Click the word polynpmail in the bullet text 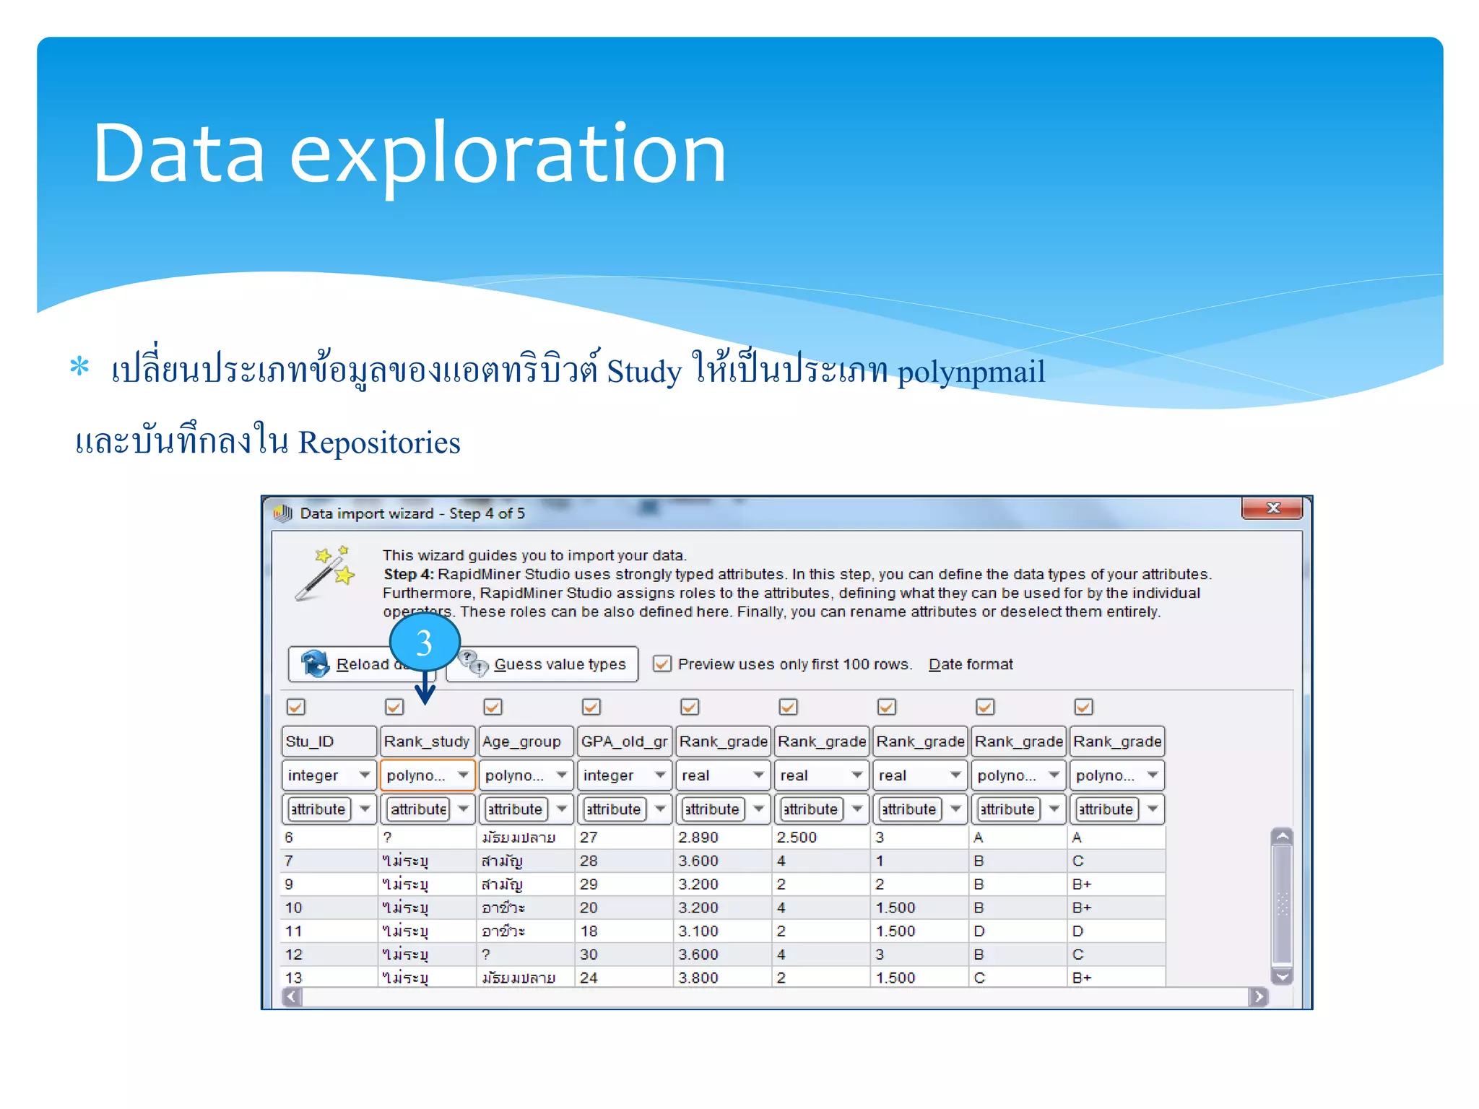tap(971, 372)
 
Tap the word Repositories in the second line tap(379, 443)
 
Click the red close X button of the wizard tap(1272, 508)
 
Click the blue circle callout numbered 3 tap(424, 642)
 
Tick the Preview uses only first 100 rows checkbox tap(662, 664)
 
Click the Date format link tap(971, 664)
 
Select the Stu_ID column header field tap(329, 741)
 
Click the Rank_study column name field tap(427, 741)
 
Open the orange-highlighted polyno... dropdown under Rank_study tap(463, 775)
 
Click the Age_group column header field tap(526, 741)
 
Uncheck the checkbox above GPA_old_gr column tap(591, 707)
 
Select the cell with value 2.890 tap(698, 838)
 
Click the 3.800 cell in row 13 tap(698, 978)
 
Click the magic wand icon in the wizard tap(326, 574)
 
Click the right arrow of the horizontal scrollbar tap(1258, 997)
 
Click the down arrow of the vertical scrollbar tap(1282, 976)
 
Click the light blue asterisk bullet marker tap(79, 367)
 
